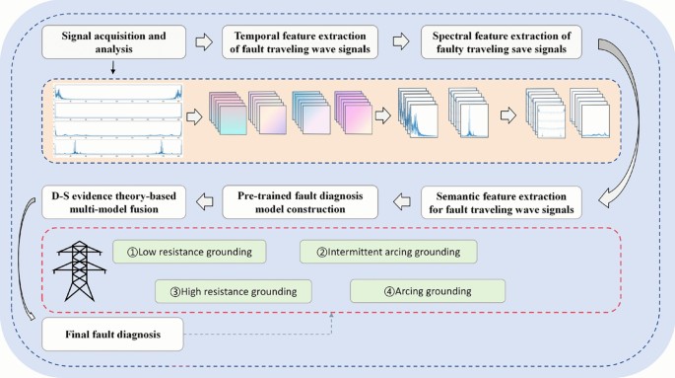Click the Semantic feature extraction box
tap(505, 201)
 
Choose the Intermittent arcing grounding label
tap(389, 251)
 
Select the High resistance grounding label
tap(233, 291)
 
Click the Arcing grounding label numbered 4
tap(427, 291)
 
